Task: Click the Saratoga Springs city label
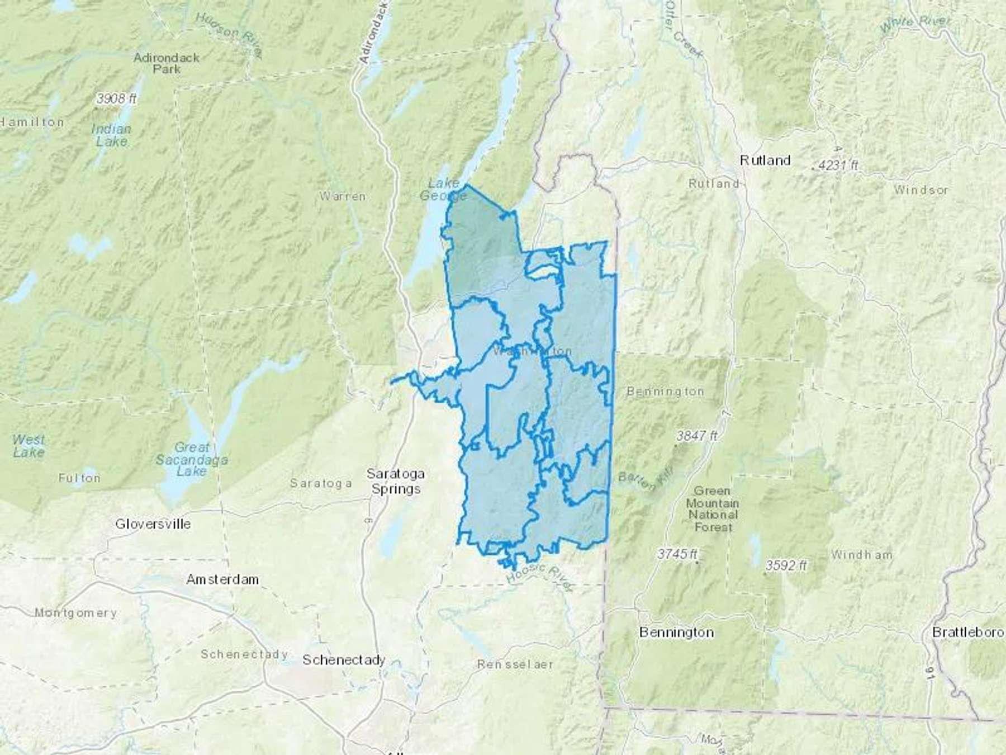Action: (396, 481)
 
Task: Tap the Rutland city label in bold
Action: (765, 161)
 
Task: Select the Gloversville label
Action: (153, 524)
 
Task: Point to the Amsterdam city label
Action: (222, 579)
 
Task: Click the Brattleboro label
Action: (968, 633)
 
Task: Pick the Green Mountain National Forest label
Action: (713, 508)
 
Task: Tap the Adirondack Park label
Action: (167, 63)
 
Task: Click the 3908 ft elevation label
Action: (116, 99)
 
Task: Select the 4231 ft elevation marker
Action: (837, 166)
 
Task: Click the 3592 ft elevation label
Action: (786, 565)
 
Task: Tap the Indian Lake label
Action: (111, 135)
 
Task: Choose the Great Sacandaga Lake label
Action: (192, 459)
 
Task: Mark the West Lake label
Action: (28, 446)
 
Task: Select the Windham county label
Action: (861, 555)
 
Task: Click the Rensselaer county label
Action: (515, 664)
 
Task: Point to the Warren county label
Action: (343, 196)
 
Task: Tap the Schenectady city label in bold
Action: (344, 660)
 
